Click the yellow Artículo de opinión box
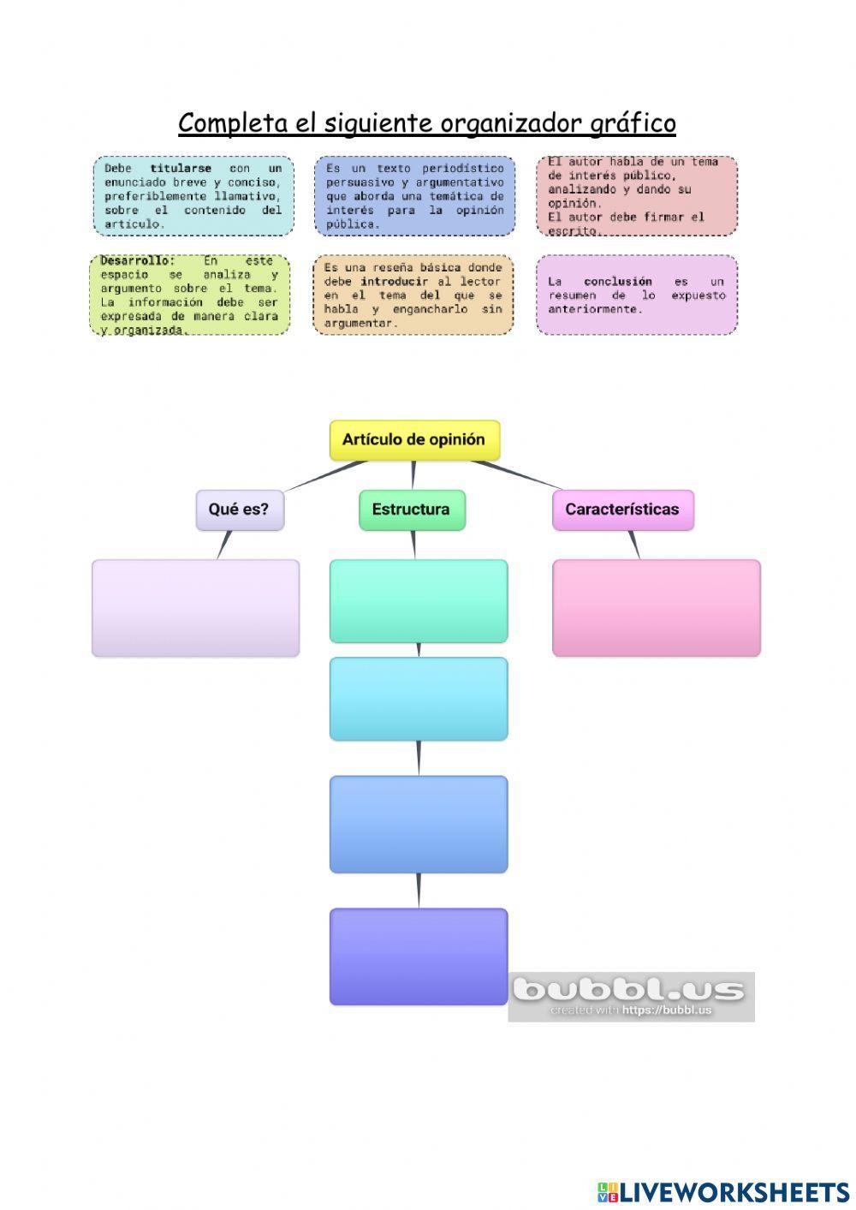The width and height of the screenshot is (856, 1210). click(x=414, y=440)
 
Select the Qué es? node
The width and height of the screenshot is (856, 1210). click(x=239, y=510)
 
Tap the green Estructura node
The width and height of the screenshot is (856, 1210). click(x=412, y=510)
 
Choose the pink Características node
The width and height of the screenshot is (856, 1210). click(x=622, y=510)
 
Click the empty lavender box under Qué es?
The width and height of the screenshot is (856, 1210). click(x=195, y=608)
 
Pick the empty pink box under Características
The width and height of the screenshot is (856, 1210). click(x=656, y=608)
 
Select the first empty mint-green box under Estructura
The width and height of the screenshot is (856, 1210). click(x=419, y=600)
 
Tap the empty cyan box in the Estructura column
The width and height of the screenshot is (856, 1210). click(x=419, y=699)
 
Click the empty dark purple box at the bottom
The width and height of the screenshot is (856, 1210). click(x=419, y=957)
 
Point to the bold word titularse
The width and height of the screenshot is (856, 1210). click(x=181, y=169)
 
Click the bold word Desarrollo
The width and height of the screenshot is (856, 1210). click(x=137, y=260)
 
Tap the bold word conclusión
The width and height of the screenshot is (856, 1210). click(x=617, y=282)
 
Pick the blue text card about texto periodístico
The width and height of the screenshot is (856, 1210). click(x=414, y=196)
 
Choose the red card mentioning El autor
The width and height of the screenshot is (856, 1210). click(x=637, y=196)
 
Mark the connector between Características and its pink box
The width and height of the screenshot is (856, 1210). click(x=633, y=545)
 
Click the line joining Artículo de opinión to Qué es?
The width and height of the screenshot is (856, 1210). click(x=325, y=476)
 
